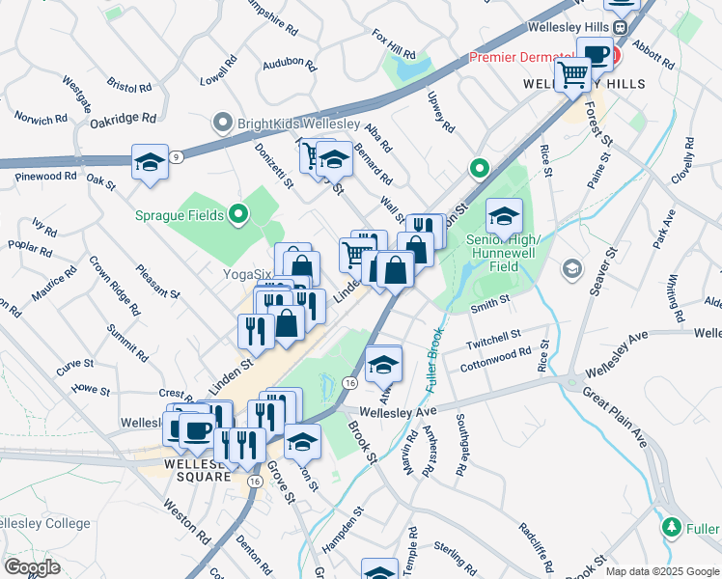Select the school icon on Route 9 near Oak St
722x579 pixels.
tap(151, 163)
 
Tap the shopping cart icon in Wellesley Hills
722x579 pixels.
tap(573, 74)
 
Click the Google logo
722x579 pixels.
tap(32, 567)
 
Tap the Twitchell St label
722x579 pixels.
tap(494, 338)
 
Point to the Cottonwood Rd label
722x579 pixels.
tap(496, 357)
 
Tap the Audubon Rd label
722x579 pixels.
tap(289, 66)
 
